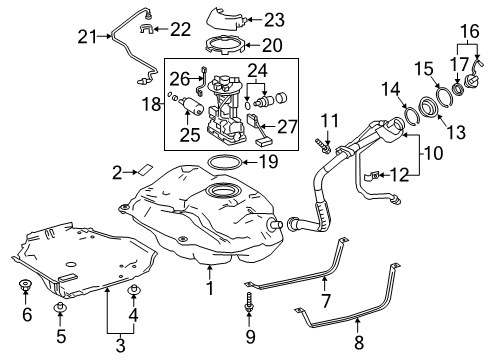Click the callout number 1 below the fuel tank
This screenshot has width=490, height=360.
click(211, 291)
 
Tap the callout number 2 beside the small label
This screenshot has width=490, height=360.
click(118, 171)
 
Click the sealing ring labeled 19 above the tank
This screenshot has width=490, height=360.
click(225, 161)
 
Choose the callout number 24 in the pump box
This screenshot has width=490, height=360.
click(258, 70)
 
